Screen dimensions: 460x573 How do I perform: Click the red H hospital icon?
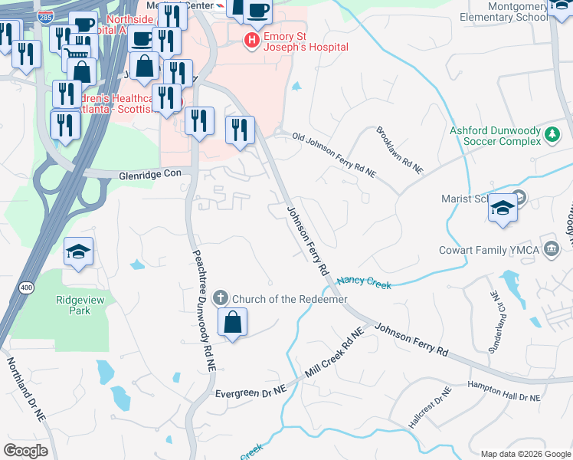(250, 40)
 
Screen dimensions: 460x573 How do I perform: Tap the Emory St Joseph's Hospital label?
(305, 41)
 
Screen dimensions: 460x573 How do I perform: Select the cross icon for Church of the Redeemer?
(221, 297)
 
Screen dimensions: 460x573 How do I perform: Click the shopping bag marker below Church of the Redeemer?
(232, 323)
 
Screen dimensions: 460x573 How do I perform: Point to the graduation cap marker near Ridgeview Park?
(79, 252)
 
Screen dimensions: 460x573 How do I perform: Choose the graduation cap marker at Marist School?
(503, 209)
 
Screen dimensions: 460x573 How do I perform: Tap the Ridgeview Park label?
(80, 304)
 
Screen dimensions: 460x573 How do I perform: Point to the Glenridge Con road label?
(149, 174)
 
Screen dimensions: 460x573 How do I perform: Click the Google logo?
(25, 451)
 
